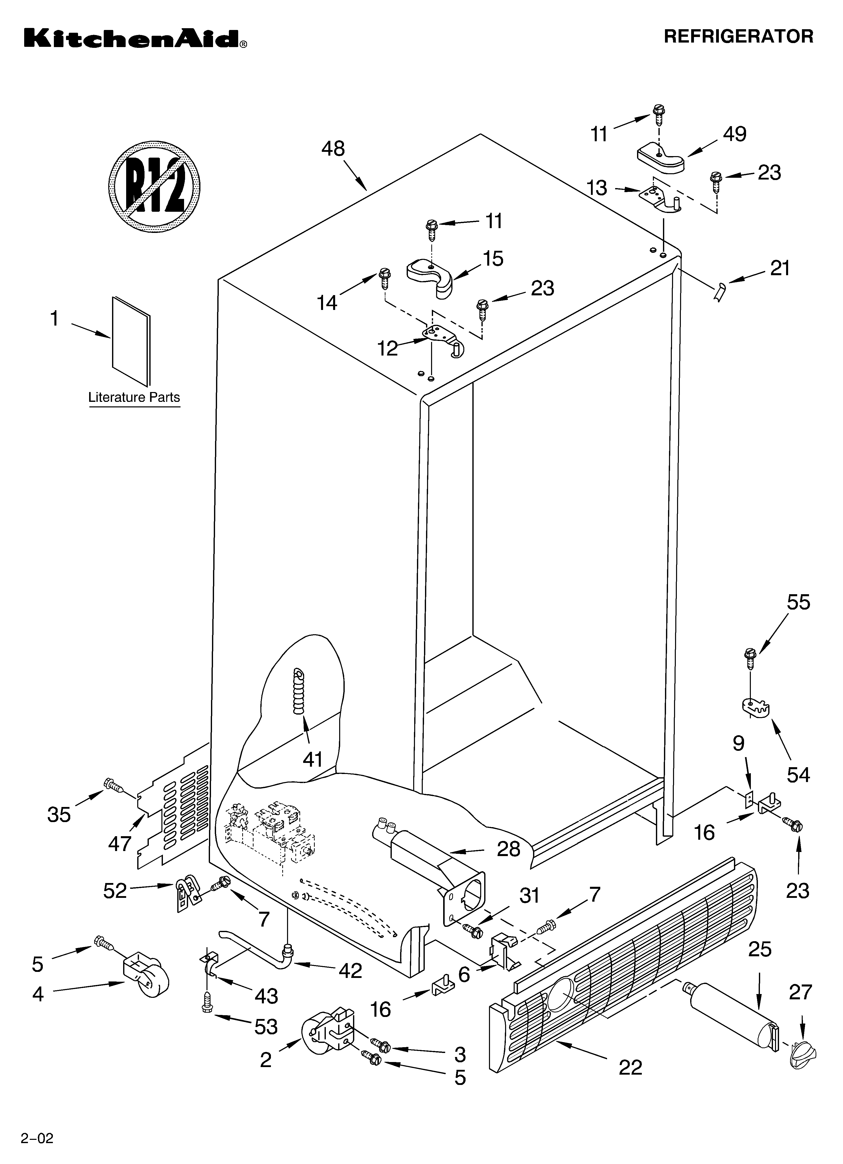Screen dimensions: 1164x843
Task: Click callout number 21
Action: pyautogui.click(x=780, y=268)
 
